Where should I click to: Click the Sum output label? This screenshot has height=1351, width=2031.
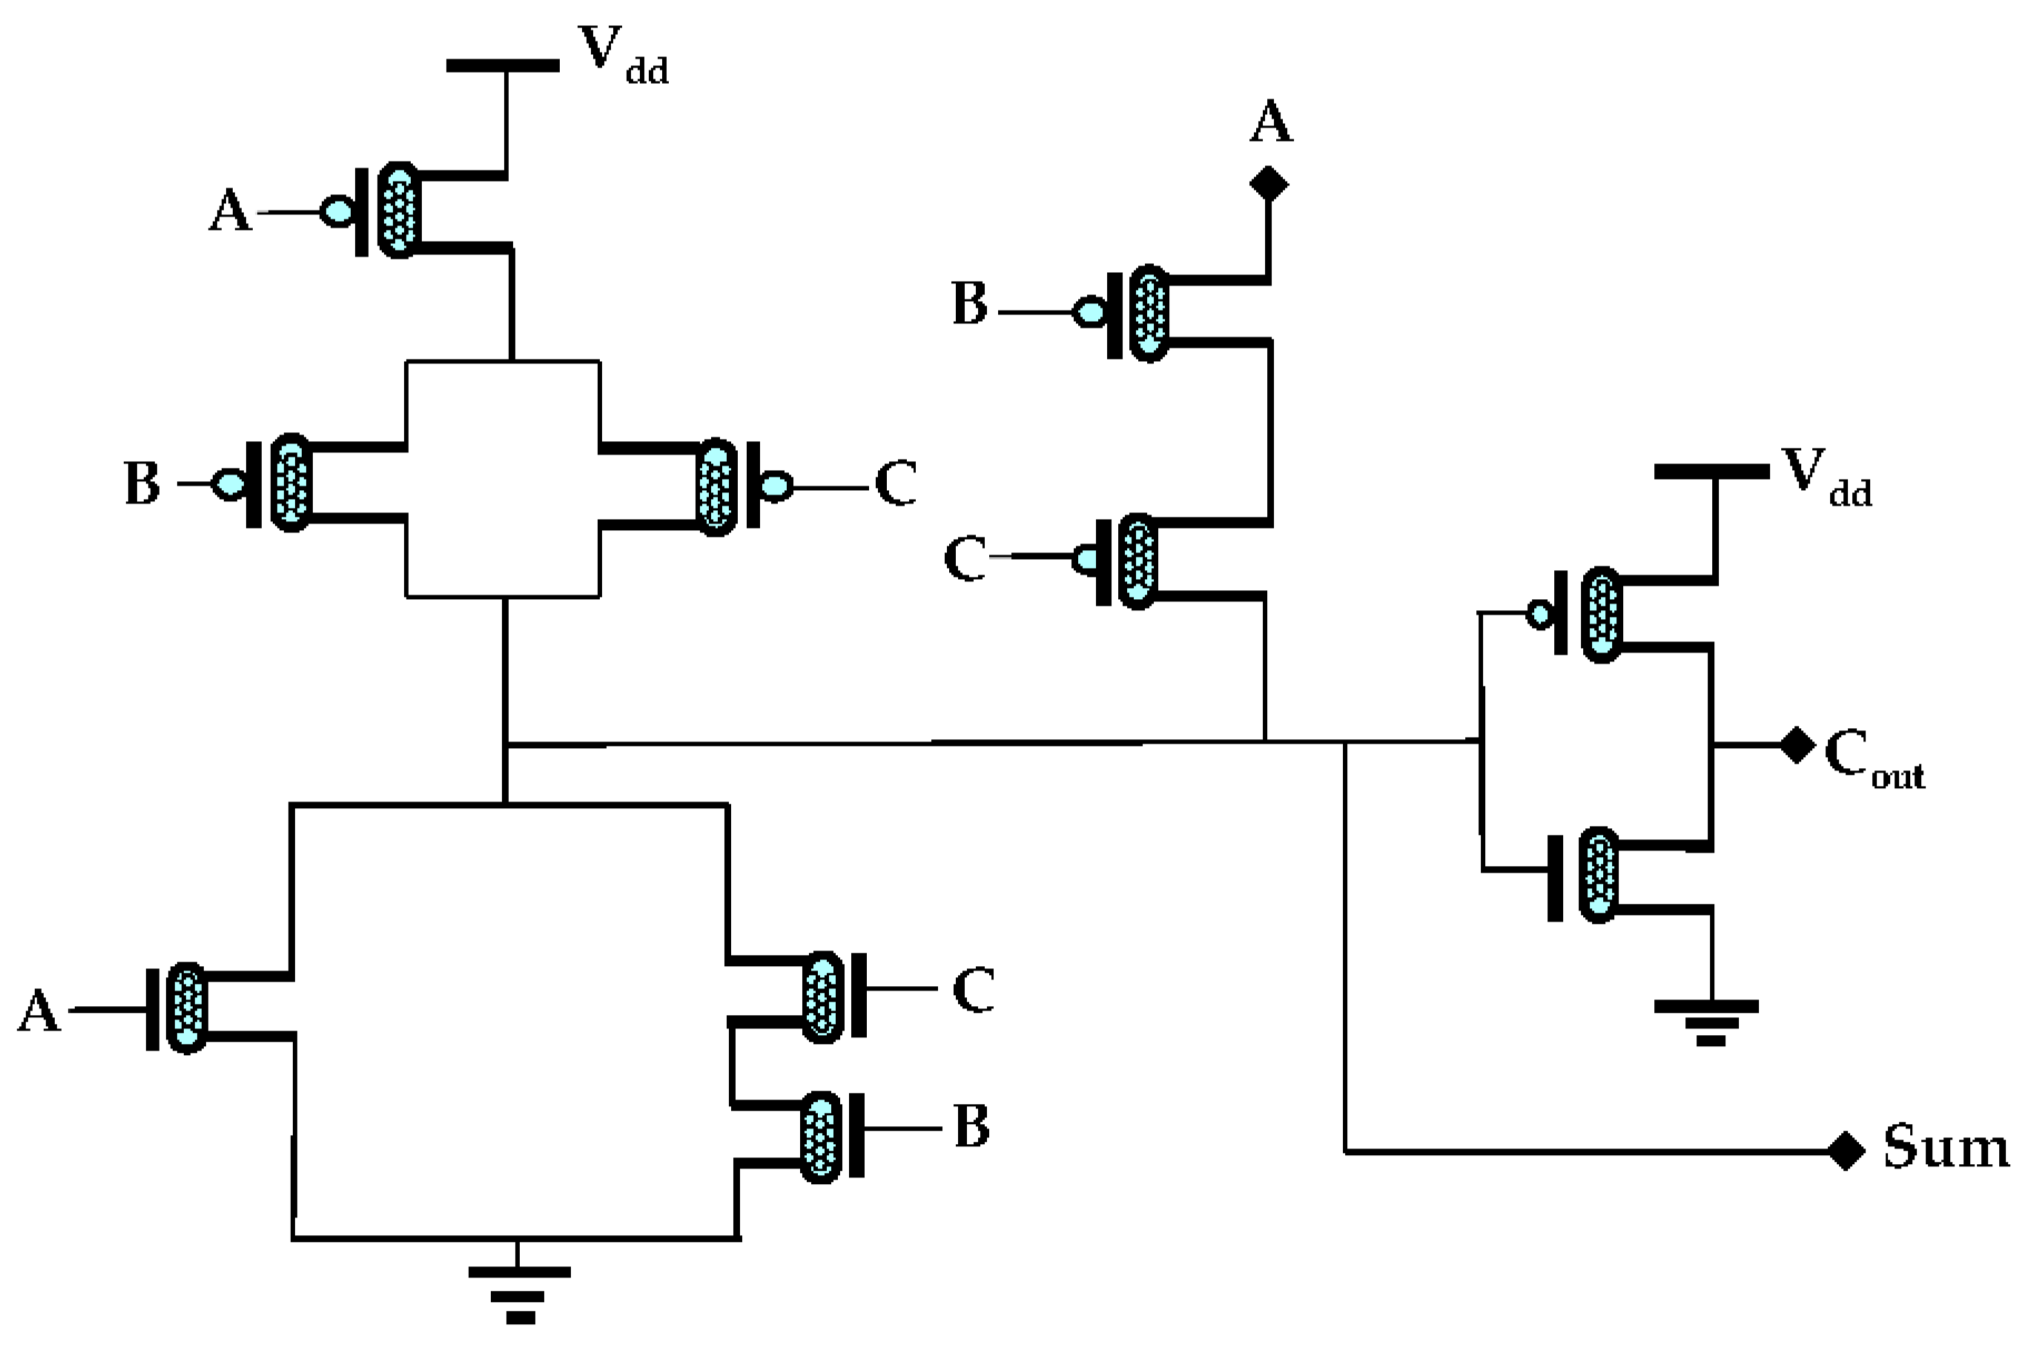tap(1945, 1148)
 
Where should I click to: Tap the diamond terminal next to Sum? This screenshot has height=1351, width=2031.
tap(1846, 1150)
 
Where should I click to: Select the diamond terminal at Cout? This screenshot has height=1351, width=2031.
tap(1797, 745)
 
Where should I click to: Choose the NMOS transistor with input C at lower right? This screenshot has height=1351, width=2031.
tap(822, 998)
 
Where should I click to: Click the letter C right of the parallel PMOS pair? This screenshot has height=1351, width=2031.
tap(895, 483)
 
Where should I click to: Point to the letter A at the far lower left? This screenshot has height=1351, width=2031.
tap(39, 1011)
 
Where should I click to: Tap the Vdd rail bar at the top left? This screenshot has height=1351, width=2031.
tap(502, 65)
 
